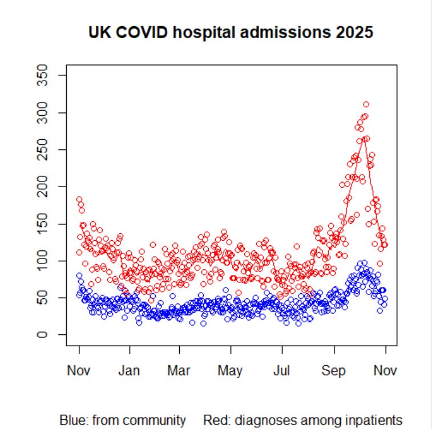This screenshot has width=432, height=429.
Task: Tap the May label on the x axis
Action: (x=231, y=371)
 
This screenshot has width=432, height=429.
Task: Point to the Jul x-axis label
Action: (x=281, y=371)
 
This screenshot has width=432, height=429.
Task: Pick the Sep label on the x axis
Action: (x=334, y=371)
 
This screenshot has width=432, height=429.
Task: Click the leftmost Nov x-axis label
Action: (x=79, y=371)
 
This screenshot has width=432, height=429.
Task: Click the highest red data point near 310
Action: (x=366, y=104)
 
